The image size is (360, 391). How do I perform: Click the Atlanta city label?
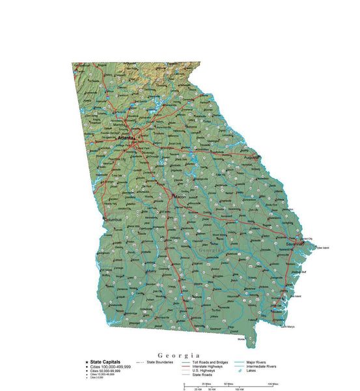click(x=126, y=138)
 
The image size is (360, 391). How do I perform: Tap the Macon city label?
click(x=180, y=196)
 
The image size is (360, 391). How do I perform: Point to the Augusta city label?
click(x=251, y=158)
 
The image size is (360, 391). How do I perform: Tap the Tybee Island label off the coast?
click(x=322, y=248)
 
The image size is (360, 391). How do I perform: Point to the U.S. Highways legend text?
click(x=204, y=370)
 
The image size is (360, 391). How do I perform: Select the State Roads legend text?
click(x=202, y=375)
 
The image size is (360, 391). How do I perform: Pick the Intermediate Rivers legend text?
click(x=263, y=366)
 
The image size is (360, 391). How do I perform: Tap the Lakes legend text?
click(x=253, y=371)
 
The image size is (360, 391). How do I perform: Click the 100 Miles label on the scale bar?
click(x=273, y=384)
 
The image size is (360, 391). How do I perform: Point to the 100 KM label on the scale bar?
click(x=240, y=389)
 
